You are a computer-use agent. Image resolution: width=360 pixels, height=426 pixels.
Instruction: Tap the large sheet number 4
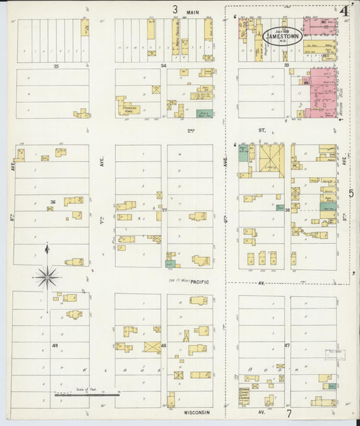coord(344,11)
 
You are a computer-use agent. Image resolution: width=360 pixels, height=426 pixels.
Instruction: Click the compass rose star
coord(47,275)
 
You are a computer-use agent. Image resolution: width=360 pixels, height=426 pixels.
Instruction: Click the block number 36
coord(52,202)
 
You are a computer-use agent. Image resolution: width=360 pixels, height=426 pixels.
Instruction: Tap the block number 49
coord(55,345)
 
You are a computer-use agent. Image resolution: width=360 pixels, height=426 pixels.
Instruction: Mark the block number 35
coord(56,66)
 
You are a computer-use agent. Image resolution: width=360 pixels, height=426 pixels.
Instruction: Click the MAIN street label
coord(195,11)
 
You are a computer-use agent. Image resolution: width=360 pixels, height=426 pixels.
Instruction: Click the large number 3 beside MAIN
coord(174,9)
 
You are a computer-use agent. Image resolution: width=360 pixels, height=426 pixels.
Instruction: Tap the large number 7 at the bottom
coord(288,413)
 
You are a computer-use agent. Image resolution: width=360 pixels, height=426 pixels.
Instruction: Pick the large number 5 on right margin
coord(351,194)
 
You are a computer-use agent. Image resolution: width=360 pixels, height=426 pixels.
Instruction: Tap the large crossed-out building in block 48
coord(153,348)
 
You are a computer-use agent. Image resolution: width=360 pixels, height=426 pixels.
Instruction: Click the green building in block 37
coord(171,263)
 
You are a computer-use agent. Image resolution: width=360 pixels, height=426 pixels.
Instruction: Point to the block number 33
coord(286,65)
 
